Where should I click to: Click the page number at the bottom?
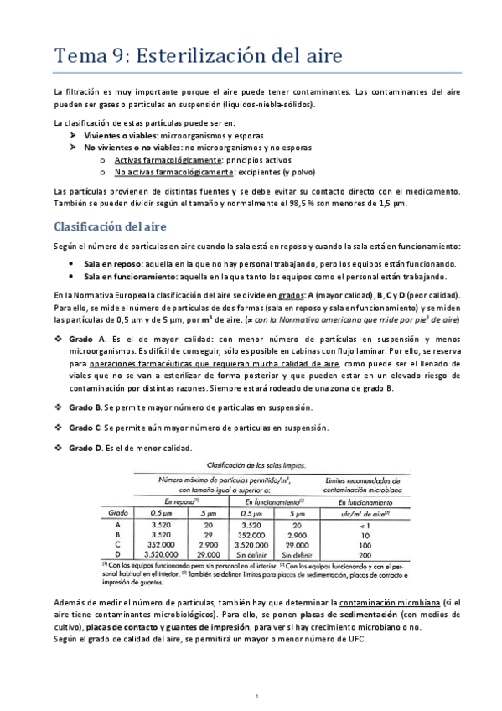coord(255,696)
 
